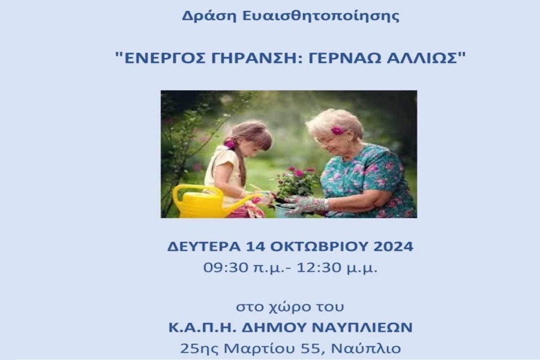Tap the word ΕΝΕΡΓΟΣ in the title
163,58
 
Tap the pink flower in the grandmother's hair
338,131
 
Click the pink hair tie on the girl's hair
229,143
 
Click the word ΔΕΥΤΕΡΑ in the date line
204,247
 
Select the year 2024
393,247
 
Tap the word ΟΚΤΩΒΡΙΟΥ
319,247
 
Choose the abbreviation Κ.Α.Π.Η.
202,327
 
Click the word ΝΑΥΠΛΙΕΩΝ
362,327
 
